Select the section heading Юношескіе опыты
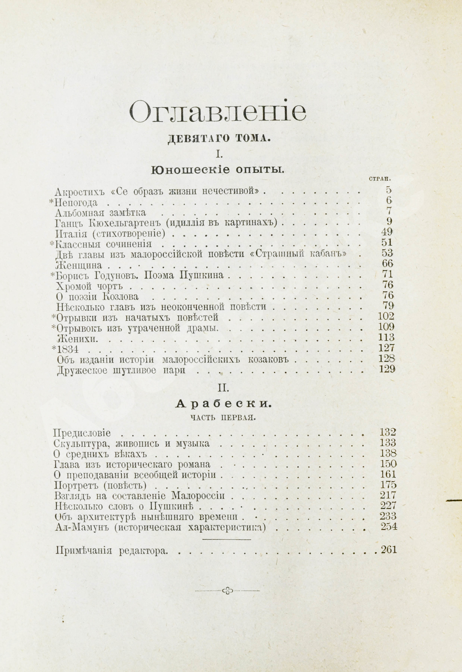217,170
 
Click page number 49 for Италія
387,232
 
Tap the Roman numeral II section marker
223,389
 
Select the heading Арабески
223,404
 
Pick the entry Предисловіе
82,433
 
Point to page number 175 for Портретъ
388,485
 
